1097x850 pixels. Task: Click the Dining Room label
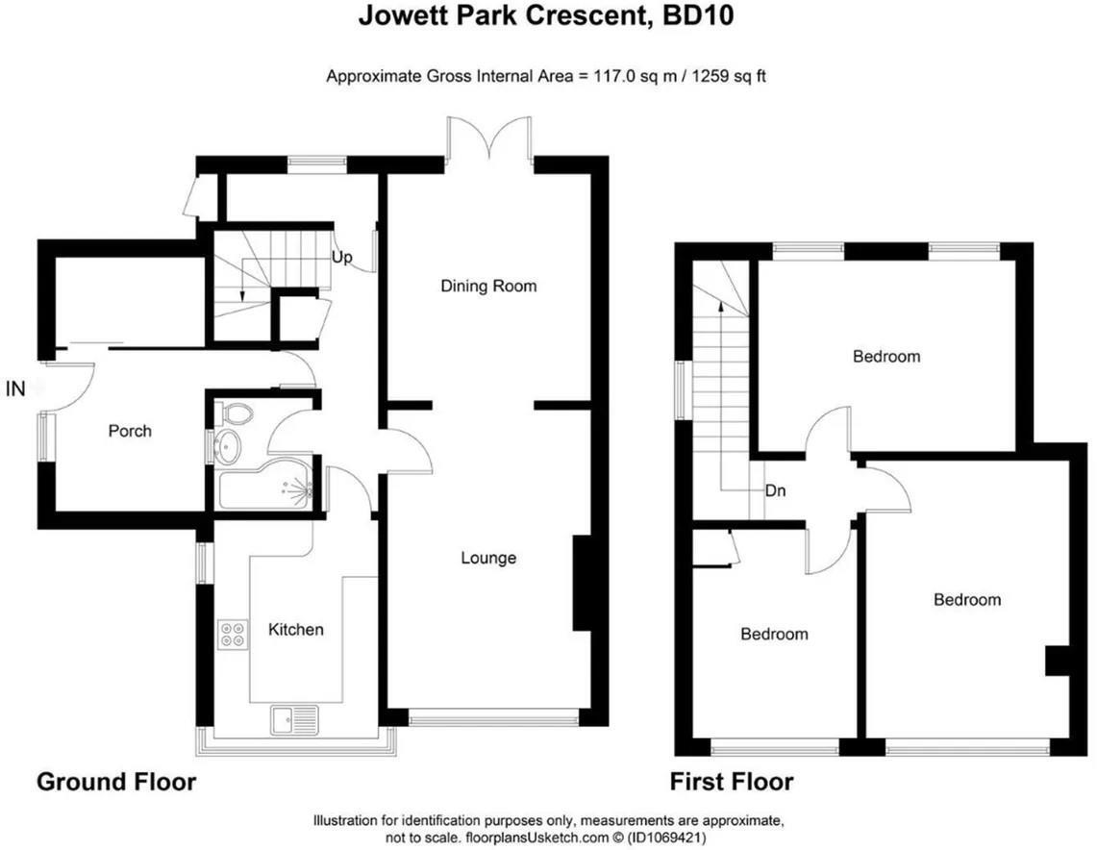coord(488,286)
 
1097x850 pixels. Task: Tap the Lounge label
coord(488,558)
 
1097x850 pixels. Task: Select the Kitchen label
coord(295,630)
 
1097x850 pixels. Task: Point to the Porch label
coord(129,431)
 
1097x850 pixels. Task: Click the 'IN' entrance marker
coord(15,388)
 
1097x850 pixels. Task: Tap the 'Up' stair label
coord(341,258)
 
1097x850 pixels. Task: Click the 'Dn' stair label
coord(776,490)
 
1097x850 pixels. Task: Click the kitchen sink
coord(294,719)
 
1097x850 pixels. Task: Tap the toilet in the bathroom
coord(236,414)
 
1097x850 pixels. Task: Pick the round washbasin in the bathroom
coord(229,446)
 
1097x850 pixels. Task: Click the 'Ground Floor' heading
coord(116,782)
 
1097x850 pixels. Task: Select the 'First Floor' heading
coord(732,782)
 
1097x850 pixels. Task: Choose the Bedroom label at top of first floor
coord(886,357)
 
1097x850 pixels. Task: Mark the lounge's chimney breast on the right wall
coord(582,584)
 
